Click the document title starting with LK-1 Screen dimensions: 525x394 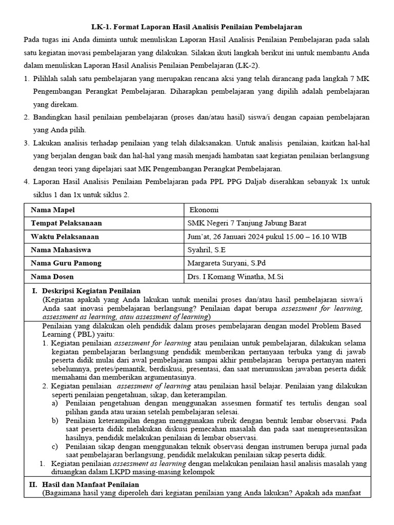point(196,26)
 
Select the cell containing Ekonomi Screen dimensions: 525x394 point(204,210)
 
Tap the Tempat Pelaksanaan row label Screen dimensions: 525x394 point(66,223)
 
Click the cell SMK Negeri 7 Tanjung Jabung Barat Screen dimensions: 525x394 point(247,223)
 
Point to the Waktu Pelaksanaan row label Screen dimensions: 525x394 point(65,236)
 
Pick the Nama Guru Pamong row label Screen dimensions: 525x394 point(66,263)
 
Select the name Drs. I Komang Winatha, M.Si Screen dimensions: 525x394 point(235,276)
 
